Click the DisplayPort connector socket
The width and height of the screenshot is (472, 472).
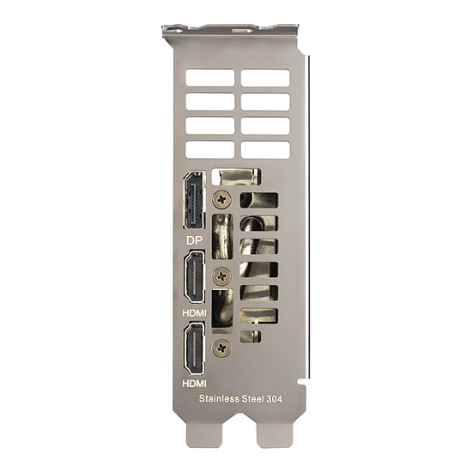pyautogui.click(x=195, y=200)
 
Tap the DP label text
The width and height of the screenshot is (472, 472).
pyautogui.click(x=195, y=240)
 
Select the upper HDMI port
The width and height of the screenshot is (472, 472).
pyautogui.click(x=195, y=276)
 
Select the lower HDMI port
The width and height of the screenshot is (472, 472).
pyautogui.click(x=195, y=348)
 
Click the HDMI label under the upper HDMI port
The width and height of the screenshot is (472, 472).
pyautogui.click(x=195, y=313)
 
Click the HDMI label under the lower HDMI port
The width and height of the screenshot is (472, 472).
pyautogui.click(x=195, y=384)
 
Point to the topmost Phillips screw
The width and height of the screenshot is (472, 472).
pyautogui.click(x=222, y=199)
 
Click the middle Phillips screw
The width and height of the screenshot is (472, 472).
pyautogui.click(x=222, y=275)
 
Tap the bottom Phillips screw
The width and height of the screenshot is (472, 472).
pyautogui.click(x=222, y=348)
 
